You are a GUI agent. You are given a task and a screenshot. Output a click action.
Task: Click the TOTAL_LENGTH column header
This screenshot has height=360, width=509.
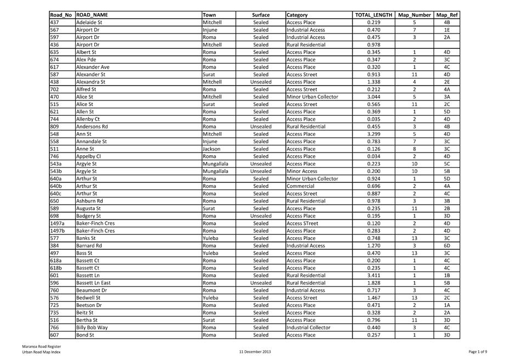point(374,15)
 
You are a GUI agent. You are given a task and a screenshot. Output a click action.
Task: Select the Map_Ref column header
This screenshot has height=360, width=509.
point(446,15)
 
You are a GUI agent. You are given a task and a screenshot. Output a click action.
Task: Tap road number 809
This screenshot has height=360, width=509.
point(54,126)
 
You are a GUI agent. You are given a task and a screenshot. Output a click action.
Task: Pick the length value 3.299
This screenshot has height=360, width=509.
point(374,133)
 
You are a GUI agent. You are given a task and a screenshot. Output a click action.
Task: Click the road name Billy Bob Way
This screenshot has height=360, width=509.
point(92,327)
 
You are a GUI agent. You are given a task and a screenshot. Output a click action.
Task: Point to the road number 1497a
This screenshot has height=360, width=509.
point(57,223)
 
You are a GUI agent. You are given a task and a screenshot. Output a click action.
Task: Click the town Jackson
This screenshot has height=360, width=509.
point(211,148)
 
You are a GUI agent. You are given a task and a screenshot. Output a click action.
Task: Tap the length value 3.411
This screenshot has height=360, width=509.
point(374,275)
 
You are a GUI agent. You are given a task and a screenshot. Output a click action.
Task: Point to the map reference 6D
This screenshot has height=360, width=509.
point(446,245)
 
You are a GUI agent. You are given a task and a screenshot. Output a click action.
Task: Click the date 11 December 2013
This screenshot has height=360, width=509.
point(255,351)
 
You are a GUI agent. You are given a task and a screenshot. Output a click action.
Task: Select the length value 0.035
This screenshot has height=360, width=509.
point(374,119)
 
